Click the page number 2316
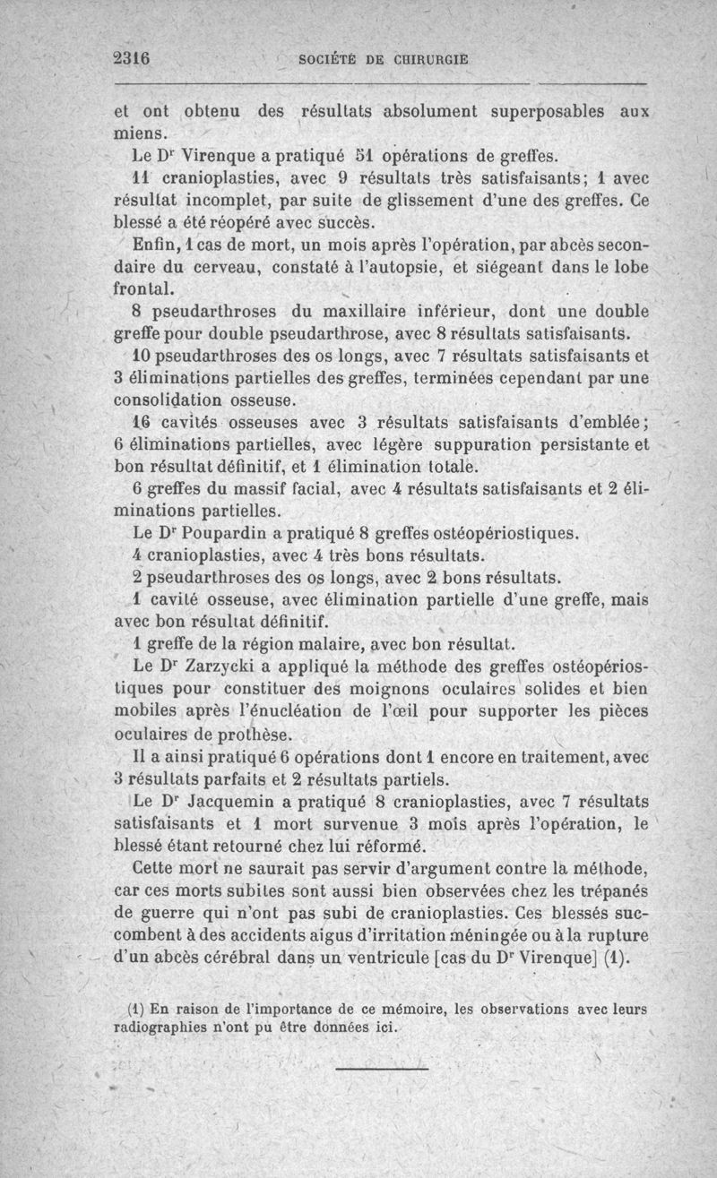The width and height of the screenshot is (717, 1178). coord(131,58)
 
